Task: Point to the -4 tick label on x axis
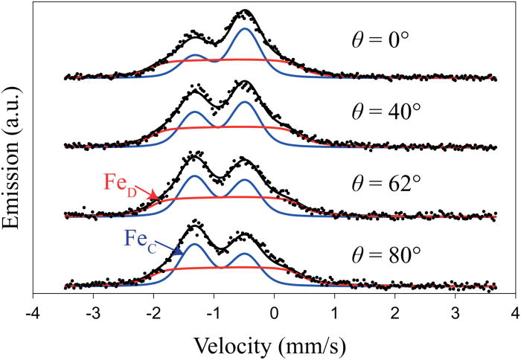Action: click(31, 313)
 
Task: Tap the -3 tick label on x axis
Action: click(92, 313)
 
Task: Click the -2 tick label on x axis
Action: click(153, 313)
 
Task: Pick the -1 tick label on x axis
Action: click(213, 313)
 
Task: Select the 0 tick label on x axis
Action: click(274, 313)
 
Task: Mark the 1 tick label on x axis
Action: click(335, 313)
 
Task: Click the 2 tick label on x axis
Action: click(395, 313)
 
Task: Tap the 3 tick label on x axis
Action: click(456, 313)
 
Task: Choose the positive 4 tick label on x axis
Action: click(516, 313)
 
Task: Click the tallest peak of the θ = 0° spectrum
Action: click(244, 11)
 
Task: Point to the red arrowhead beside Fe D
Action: click(154, 196)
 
